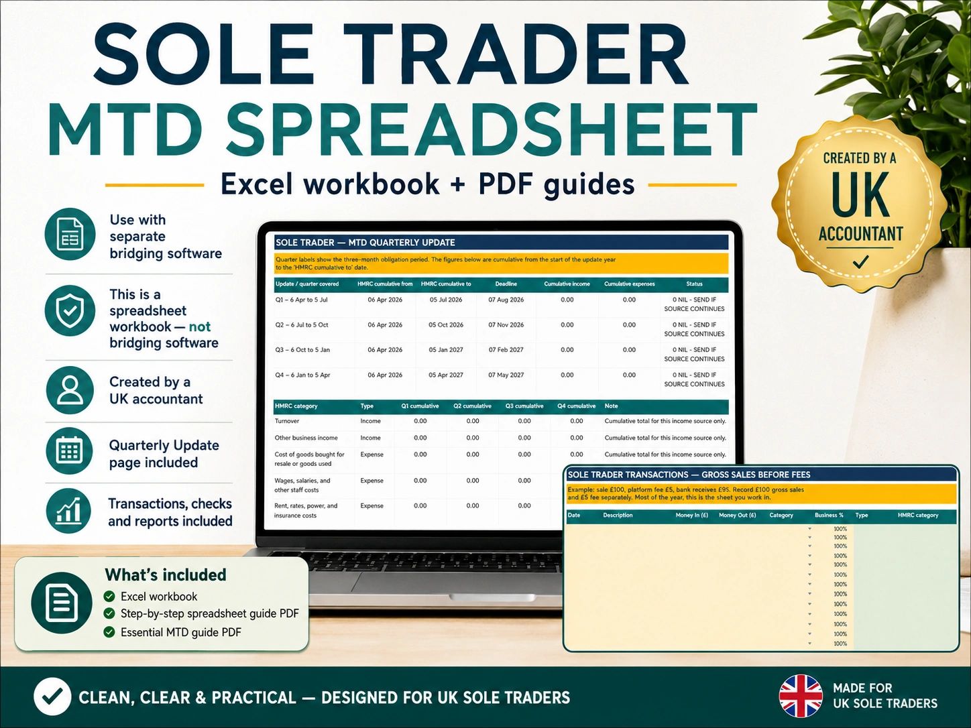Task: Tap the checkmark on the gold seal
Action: pyautogui.click(x=860, y=262)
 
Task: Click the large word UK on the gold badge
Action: pyautogui.click(x=860, y=194)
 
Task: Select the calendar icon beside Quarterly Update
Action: pyautogui.click(x=70, y=450)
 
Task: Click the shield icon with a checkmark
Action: pyautogui.click(x=70, y=310)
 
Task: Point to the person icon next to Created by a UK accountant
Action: pyautogui.click(x=70, y=390)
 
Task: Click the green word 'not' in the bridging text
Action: pyautogui.click(x=200, y=326)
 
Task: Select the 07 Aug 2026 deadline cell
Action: pyautogui.click(x=506, y=300)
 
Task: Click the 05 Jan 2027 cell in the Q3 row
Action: pyautogui.click(x=446, y=350)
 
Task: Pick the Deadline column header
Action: pyautogui.click(x=506, y=284)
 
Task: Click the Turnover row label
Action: pyautogui.click(x=286, y=421)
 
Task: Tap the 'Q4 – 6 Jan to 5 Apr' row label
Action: pyautogui.click(x=302, y=375)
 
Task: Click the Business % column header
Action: pyautogui.click(x=829, y=515)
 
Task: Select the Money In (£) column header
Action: pyautogui.click(x=692, y=515)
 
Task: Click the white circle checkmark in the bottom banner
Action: pyautogui.click(x=52, y=696)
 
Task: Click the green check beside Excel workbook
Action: pyautogui.click(x=109, y=597)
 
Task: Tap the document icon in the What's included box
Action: pyautogui.click(x=62, y=603)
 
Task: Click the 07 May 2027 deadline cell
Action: pyautogui.click(x=506, y=375)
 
